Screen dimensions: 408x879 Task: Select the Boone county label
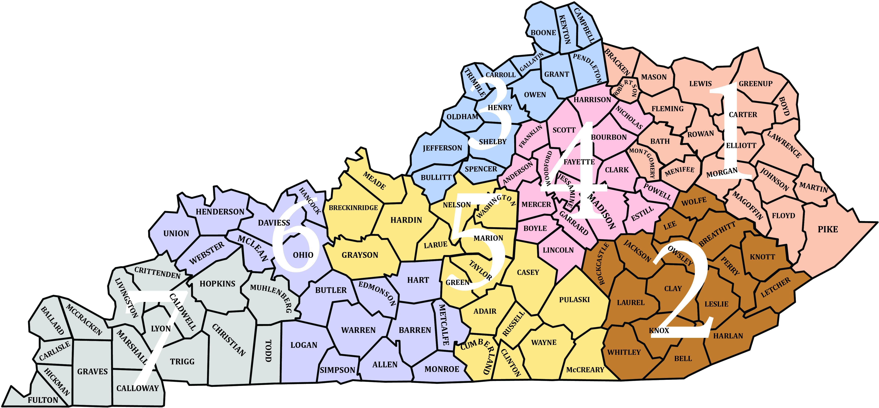pyautogui.click(x=543, y=33)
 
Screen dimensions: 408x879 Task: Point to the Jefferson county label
pyautogui.click(x=442, y=148)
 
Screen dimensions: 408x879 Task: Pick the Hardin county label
pyautogui.click(x=406, y=220)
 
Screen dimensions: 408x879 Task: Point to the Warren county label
pyautogui.click(x=358, y=330)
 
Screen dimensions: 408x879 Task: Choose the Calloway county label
pyautogui.click(x=137, y=388)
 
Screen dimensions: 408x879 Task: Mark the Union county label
pyautogui.click(x=176, y=233)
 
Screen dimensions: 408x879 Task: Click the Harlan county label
pyautogui.click(x=728, y=336)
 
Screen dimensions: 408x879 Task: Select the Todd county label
pyautogui.click(x=268, y=351)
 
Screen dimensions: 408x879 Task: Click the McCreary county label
pyautogui.click(x=585, y=370)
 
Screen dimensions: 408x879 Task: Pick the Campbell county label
pyautogui.click(x=584, y=25)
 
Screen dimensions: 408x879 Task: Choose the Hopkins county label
pyautogui.click(x=217, y=284)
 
